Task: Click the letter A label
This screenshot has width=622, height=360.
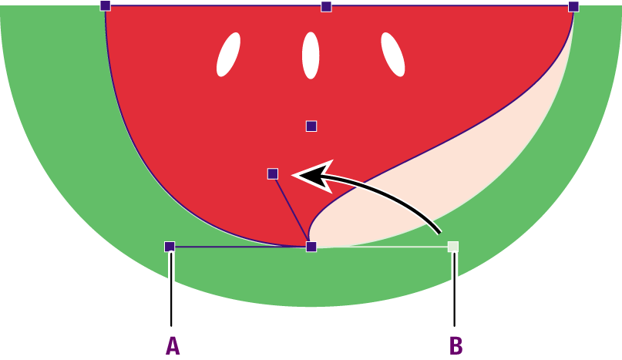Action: [173, 345]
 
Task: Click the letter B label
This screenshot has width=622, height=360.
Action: [456, 345]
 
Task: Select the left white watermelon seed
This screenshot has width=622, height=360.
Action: [228, 55]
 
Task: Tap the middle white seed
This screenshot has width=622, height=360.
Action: [311, 56]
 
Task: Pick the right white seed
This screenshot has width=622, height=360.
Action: [393, 55]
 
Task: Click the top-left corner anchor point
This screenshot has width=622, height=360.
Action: [105, 6]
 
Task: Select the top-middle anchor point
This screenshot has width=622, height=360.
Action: [326, 7]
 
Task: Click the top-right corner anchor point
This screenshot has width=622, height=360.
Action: [573, 7]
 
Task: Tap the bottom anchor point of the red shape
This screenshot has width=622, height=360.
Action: [311, 247]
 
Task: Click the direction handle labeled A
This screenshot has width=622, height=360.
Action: [170, 247]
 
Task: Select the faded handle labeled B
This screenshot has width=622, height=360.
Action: [453, 247]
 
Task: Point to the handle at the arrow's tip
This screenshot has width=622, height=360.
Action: [273, 174]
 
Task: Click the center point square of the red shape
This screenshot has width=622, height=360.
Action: [311, 126]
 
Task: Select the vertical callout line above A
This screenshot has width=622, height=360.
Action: [171, 289]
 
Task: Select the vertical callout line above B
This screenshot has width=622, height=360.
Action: [454, 289]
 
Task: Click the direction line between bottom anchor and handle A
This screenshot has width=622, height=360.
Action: [240, 247]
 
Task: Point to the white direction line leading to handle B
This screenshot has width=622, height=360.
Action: [382, 247]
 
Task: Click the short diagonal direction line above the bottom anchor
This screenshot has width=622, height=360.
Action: [292, 210]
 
